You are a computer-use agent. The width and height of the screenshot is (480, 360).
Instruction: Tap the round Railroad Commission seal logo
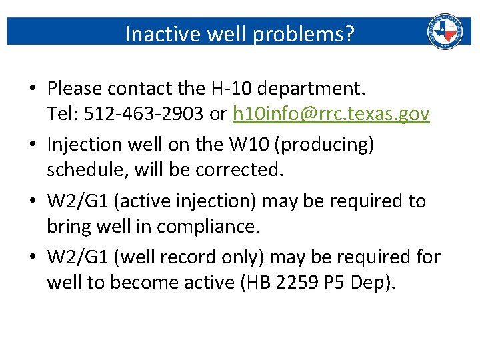click(445, 31)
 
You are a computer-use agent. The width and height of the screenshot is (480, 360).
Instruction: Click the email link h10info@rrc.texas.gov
click(331, 114)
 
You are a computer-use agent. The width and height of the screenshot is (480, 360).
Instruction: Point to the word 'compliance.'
click(207, 227)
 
